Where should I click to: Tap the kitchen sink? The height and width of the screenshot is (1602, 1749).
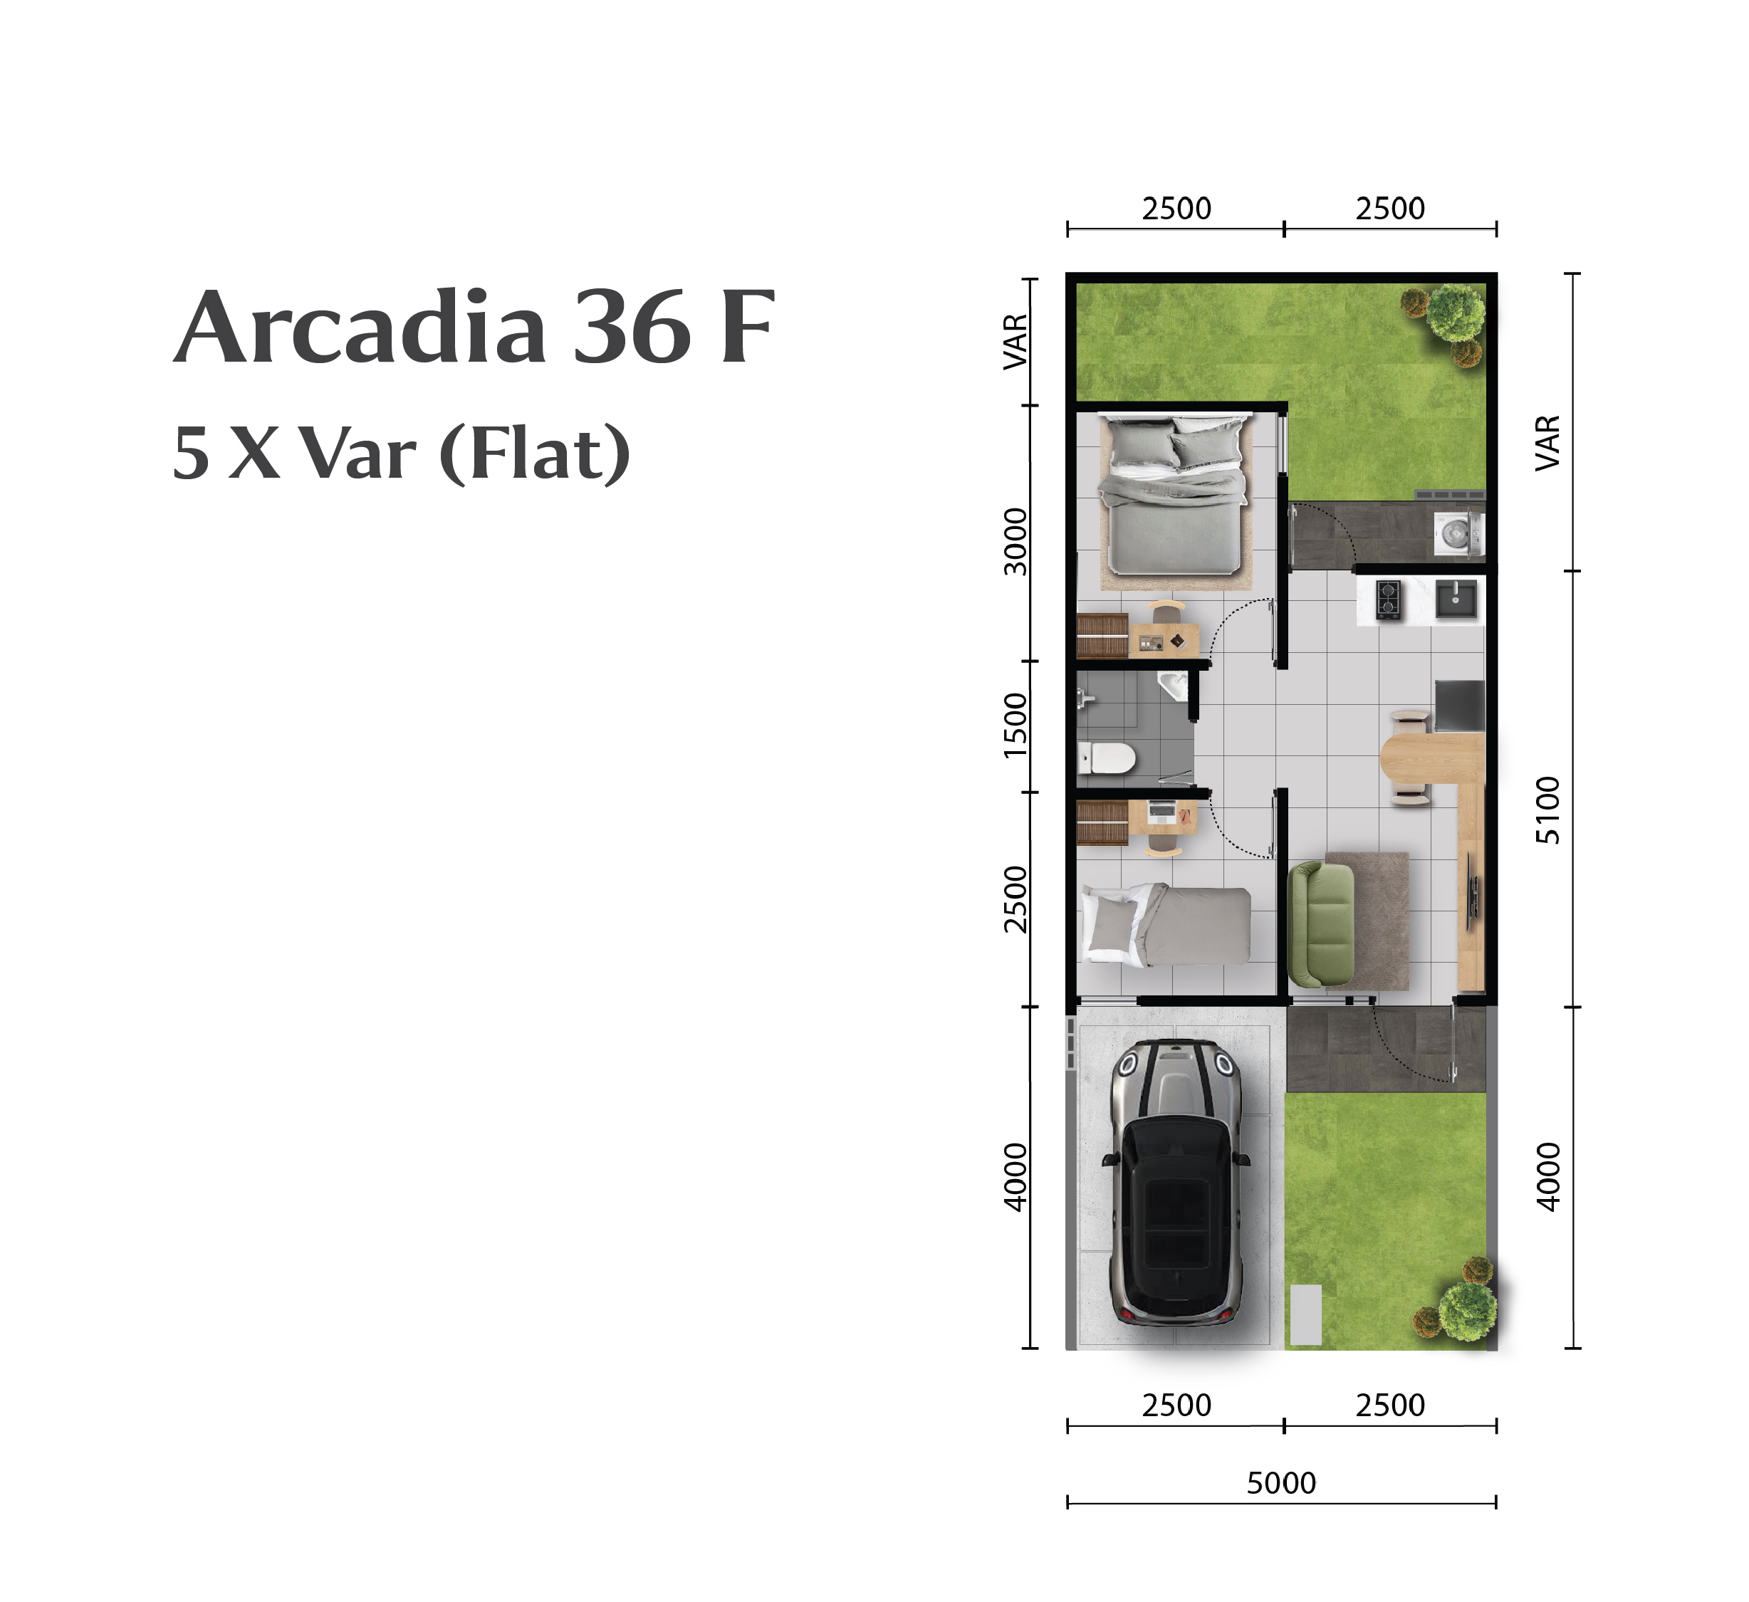(1456, 599)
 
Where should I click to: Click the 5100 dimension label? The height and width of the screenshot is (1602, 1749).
(1547, 810)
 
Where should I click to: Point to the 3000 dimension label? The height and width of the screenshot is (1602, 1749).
(1015, 542)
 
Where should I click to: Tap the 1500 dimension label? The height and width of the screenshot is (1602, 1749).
(1015, 725)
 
